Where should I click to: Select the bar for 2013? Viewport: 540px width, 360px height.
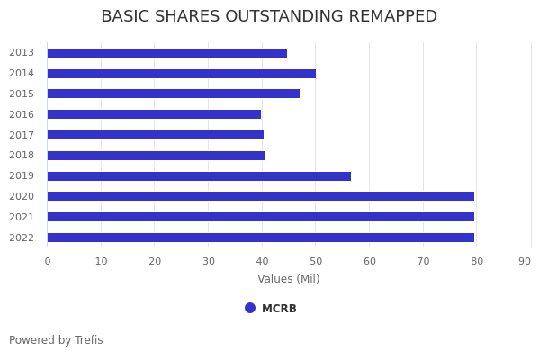click(166, 53)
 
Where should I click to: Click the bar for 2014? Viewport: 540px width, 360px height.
click(181, 74)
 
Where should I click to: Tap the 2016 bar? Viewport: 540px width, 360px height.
click(154, 114)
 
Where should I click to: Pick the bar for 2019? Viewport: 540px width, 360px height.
click(199, 176)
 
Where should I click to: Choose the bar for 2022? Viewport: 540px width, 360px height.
click(260, 238)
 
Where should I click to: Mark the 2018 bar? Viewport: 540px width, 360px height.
click(156, 156)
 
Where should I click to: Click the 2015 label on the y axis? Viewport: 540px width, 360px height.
click(22, 94)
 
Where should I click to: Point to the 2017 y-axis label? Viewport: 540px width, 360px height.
click(22, 135)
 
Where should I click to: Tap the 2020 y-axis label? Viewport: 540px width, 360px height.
click(22, 196)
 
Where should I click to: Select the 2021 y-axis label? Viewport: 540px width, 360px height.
click(22, 217)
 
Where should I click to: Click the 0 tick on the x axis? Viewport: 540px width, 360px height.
click(48, 261)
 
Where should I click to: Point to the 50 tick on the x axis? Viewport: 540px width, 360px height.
click(315, 261)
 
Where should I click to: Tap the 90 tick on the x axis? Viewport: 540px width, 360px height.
click(525, 261)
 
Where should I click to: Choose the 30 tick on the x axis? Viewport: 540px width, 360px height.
click(208, 261)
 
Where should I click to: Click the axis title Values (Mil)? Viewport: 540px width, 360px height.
click(288, 279)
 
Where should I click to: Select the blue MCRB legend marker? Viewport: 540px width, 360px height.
click(250, 308)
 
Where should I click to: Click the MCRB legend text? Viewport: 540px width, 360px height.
click(279, 309)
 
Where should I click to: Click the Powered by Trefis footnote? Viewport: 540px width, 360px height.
click(56, 340)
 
